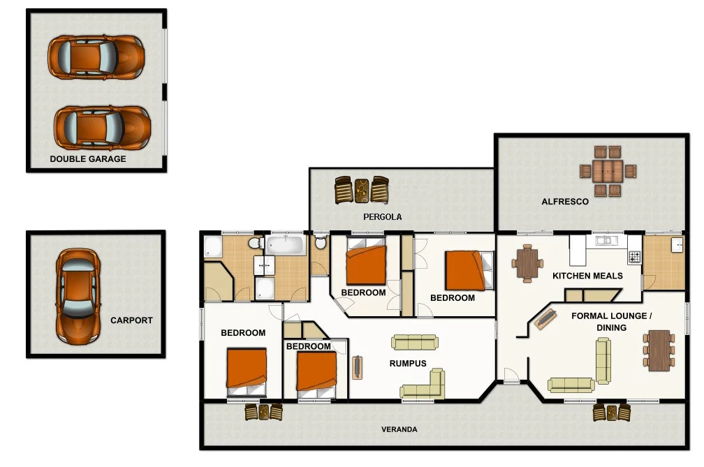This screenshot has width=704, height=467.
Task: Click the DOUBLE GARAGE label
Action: [88, 159]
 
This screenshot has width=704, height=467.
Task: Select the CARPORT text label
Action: [131, 321]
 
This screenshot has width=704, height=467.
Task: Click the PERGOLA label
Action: [382, 217]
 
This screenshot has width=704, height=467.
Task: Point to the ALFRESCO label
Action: [565, 202]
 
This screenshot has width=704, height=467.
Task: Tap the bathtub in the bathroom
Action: [286, 245]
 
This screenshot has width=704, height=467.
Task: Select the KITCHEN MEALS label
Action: [587, 276]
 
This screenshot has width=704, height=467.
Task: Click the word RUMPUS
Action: [408, 364]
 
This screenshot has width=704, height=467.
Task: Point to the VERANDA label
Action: [399, 429]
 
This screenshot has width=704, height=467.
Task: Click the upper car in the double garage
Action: [96, 57]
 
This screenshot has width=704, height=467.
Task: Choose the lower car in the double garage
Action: [102, 128]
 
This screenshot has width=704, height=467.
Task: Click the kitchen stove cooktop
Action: [634, 256]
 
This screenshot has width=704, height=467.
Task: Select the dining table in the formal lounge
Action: [659, 350]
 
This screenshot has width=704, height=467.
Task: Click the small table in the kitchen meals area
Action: [527, 263]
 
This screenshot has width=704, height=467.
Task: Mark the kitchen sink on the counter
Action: [603, 241]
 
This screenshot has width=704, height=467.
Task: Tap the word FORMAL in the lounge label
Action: [588, 316]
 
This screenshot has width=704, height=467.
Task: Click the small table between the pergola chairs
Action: [362, 190]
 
